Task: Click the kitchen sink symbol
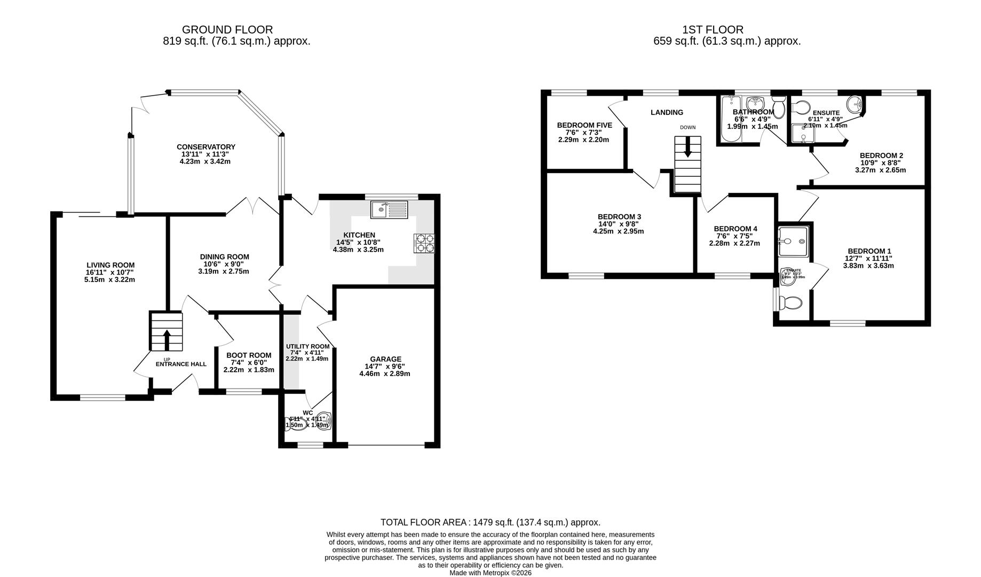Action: pyautogui.click(x=389, y=209)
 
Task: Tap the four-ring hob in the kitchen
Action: pyautogui.click(x=424, y=243)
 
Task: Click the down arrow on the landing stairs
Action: pyautogui.click(x=687, y=147)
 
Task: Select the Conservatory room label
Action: pyautogui.click(x=206, y=147)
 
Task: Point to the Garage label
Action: pyautogui.click(x=385, y=359)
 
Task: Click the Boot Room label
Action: pyautogui.click(x=249, y=355)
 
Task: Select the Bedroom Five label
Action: pyautogui.click(x=584, y=125)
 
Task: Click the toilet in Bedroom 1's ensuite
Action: pyautogui.click(x=790, y=303)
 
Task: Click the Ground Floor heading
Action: pyautogui.click(x=227, y=30)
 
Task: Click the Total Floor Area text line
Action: pyautogui.click(x=490, y=522)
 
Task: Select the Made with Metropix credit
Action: pyautogui.click(x=490, y=572)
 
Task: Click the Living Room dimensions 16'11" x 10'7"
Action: pyautogui.click(x=110, y=272)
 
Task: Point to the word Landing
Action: pyautogui.click(x=667, y=112)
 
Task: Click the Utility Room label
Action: pyautogui.click(x=307, y=346)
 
